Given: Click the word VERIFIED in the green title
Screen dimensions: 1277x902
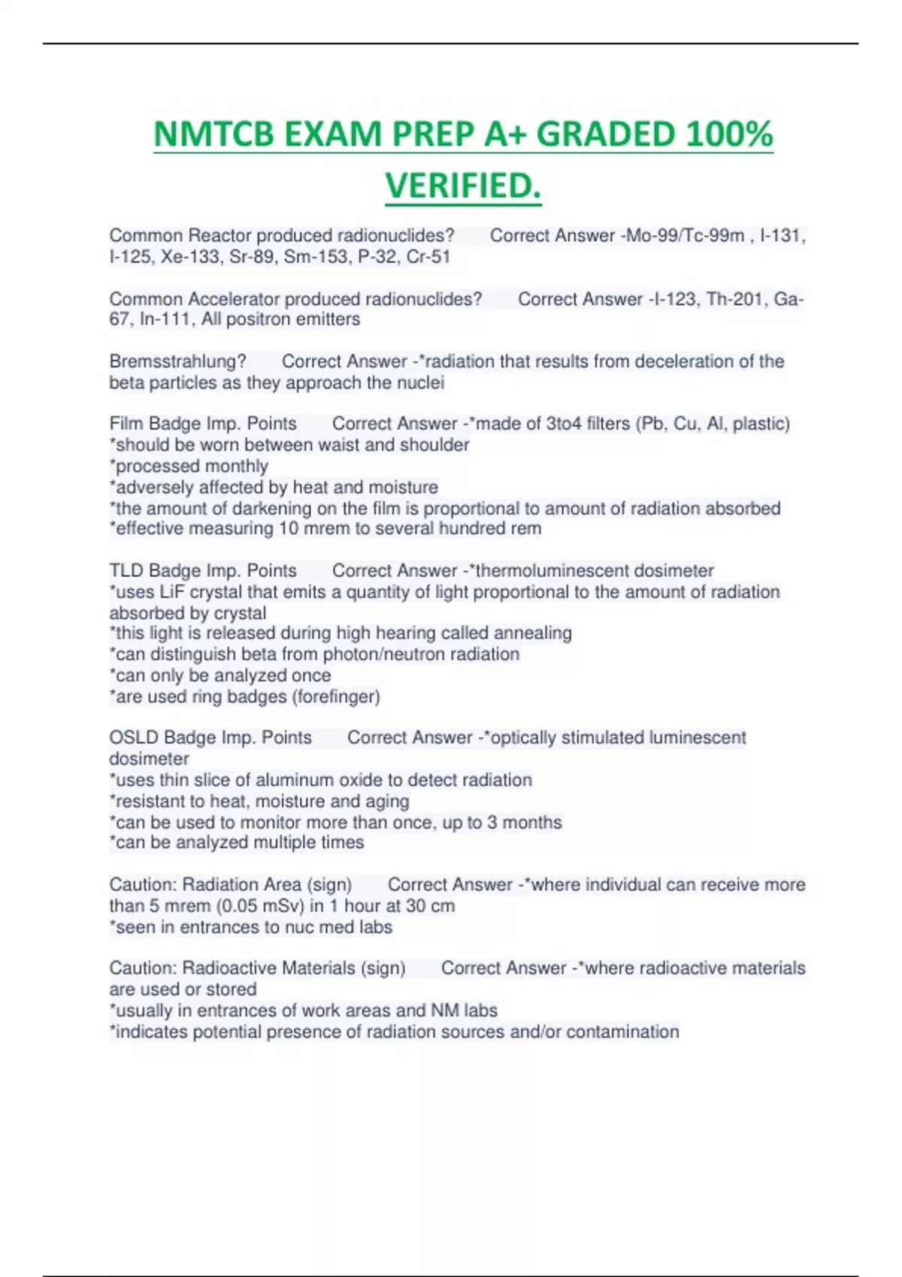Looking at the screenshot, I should pyautogui.click(x=460, y=186).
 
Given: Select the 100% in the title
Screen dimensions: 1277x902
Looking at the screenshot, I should pyautogui.click(x=730, y=135).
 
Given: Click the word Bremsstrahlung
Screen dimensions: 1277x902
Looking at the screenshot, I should pyautogui.click(x=177, y=361).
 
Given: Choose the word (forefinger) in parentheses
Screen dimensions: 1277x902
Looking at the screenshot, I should pyautogui.click(x=336, y=697).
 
